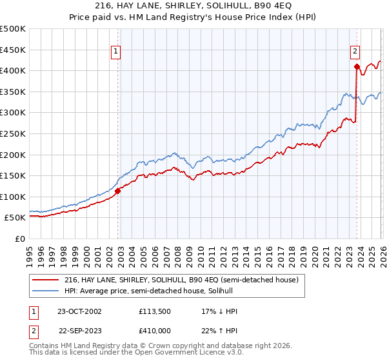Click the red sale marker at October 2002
(x=118, y=191)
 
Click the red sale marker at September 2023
(x=357, y=66)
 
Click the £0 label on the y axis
(x=19, y=239)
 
